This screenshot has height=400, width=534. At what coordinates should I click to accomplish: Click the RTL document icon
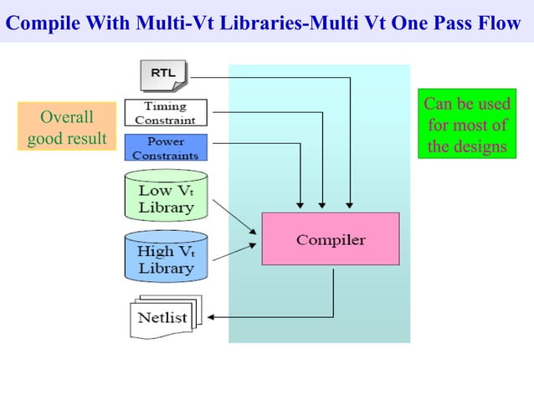[x=164, y=74]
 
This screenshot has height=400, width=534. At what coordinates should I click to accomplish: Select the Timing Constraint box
[x=166, y=113]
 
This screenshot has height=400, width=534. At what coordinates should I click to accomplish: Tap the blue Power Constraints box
[x=166, y=148]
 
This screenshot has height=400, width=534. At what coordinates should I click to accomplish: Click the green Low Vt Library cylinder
[x=166, y=195]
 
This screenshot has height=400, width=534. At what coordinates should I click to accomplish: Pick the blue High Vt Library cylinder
[x=166, y=256]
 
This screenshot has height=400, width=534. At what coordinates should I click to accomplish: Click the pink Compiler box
[x=331, y=239]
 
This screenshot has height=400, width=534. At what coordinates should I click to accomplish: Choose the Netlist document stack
[x=162, y=317]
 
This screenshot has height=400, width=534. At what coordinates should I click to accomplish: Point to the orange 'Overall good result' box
[x=67, y=126]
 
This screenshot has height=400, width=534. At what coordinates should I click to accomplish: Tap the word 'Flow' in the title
[x=501, y=22]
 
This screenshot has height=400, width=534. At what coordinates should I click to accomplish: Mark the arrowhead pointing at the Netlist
[x=210, y=317]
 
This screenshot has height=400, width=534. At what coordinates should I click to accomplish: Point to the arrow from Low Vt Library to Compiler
[x=236, y=217]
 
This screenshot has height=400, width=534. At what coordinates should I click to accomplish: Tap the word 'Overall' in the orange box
[x=67, y=116]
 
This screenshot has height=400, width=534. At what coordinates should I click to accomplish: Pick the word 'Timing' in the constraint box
[x=165, y=107]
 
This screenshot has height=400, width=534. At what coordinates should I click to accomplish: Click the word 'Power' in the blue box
[x=165, y=141]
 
